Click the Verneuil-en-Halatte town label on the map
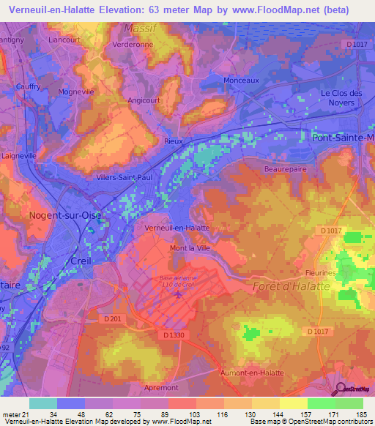tap(178, 228)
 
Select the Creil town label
tap(79, 261)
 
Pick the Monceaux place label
tap(241, 80)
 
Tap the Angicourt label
tap(145, 101)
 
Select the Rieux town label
tap(173, 142)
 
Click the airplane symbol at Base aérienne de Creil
tap(180, 295)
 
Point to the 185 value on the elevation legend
tap(359, 415)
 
